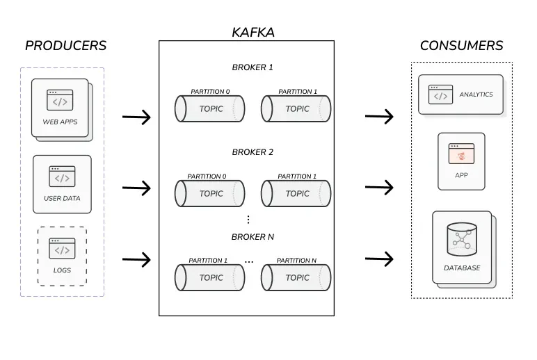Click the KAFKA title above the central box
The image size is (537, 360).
tap(253, 32)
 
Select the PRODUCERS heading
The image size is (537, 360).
tap(65, 46)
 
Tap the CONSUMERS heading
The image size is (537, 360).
tap(461, 46)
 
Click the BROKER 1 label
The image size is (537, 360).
tap(253, 67)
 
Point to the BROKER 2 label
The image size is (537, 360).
tap(253, 152)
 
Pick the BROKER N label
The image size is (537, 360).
tap(253, 237)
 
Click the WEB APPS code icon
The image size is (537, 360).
tap(61, 101)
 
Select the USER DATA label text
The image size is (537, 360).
tap(62, 198)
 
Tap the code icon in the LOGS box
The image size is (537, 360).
tap(62, 249)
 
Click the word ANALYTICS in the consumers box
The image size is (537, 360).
tap(476, 95)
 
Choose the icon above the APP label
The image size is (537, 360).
tap(461, 154)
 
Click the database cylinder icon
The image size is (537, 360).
tap(462, 239)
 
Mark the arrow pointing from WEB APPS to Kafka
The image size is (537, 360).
tap(137, 117)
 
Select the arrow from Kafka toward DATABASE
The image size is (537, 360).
tap(380, 260)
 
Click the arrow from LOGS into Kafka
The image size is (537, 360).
tap(137, 260)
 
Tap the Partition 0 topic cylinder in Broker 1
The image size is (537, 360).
tap(210, 109)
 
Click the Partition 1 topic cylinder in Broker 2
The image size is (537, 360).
tap(296, 194)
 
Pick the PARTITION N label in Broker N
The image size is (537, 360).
tap(296, 261)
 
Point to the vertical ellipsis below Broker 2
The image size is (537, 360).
tap(248, 220)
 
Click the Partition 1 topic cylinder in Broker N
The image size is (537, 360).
tap(210, 277)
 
